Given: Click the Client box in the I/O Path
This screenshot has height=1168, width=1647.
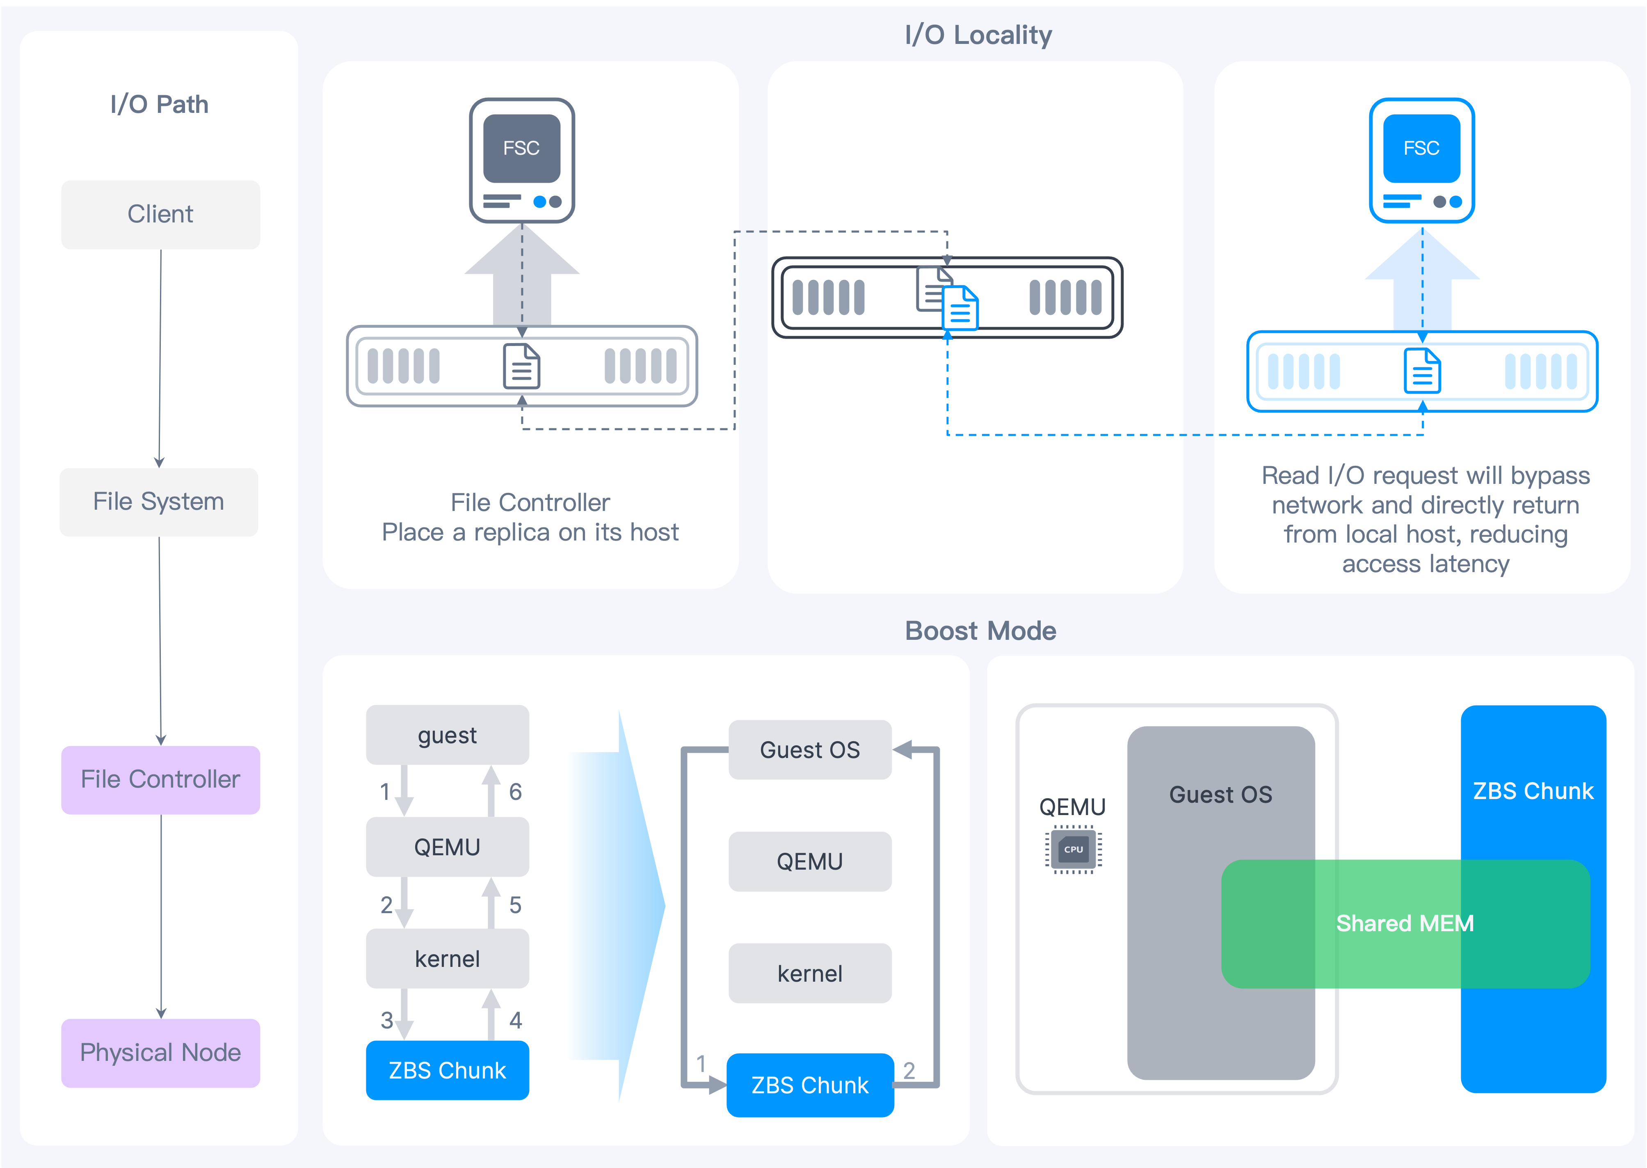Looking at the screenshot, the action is click(160, 214).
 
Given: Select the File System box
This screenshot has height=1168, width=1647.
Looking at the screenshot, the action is click(159, 502).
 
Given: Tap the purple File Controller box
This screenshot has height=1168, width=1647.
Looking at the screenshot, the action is click(160, 780).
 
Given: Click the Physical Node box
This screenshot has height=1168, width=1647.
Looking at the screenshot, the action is click(160, 1053).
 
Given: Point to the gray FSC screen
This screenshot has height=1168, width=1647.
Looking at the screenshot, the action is click(521, 148).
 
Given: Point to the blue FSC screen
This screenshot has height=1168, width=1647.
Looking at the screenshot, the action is click(1421, 148).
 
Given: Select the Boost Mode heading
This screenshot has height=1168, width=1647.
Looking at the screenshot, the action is click(980, 631).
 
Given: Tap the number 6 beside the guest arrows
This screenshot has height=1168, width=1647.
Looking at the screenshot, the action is click(516, 792).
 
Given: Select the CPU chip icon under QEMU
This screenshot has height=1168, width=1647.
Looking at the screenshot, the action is click(1073, 850).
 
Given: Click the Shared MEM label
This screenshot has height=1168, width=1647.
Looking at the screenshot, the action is click(1405, 923).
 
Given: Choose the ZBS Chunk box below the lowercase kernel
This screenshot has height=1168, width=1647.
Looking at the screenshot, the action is click(447, 1070).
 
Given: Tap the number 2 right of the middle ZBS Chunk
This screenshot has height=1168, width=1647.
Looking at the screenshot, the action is click(909, 1071).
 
